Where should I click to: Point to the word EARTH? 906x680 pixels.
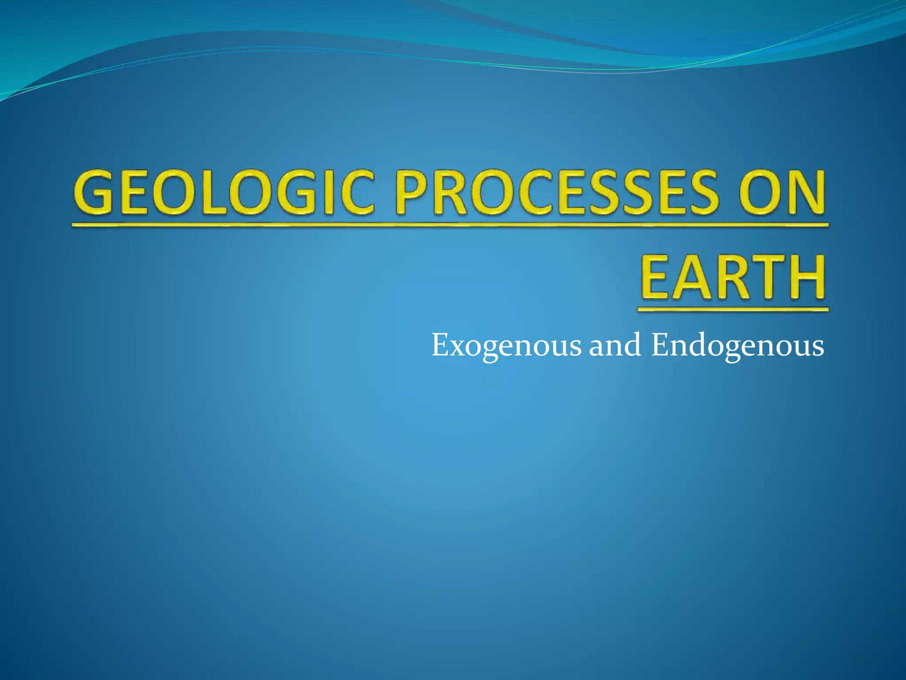click(733, 277)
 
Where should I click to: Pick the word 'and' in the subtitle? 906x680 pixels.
click(615, 345)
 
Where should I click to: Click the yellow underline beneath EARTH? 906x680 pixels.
click(733, 310)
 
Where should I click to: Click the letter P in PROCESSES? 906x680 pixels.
click(414, 193)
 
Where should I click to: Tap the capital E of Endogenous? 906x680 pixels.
click(660, 345)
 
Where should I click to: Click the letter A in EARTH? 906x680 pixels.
click(693, 277)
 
